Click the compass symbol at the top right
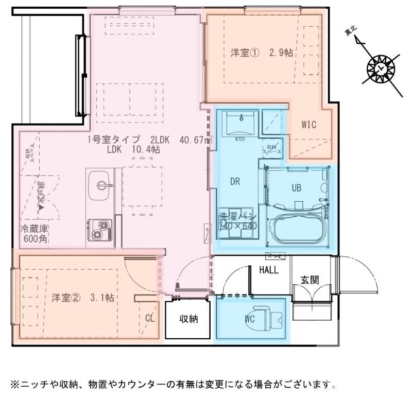point(381,68)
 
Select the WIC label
point(308,125)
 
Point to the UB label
point(297,188)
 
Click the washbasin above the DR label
point(240,122)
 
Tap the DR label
point(236,181)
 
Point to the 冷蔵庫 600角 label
point(35,233)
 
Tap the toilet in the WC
point(270,318)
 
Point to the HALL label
point(269,270)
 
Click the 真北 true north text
point(353,33)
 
